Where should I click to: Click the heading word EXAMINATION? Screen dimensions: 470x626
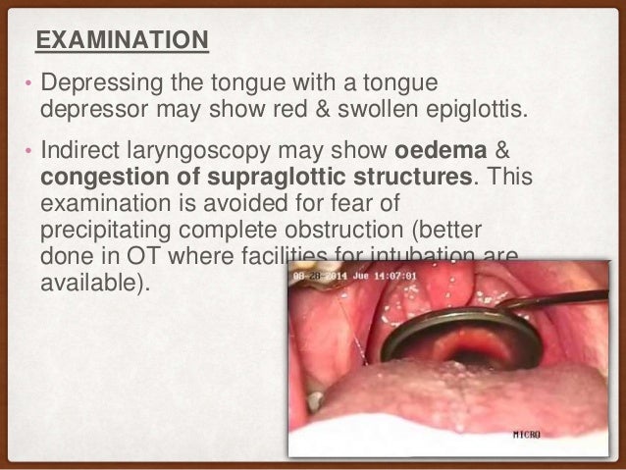click(x=122, y=40)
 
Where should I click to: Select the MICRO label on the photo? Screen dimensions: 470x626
click(x=554, y=432)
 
